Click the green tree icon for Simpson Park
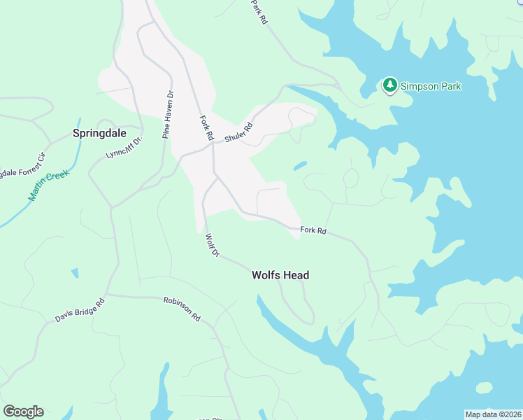point(389,85)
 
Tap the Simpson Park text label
point(431,86)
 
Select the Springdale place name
point(99,132)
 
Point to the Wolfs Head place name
point(280,276)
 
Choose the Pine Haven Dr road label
point(167,114)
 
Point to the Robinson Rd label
point(182,309)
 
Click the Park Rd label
point(259,13)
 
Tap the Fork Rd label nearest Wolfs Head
point(313,230)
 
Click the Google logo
point(23,412)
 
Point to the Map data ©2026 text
point(493,414)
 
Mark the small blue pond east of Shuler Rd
point(299,166)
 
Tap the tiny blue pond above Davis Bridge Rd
point(75,273)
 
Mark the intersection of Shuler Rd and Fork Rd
point(213,143)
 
